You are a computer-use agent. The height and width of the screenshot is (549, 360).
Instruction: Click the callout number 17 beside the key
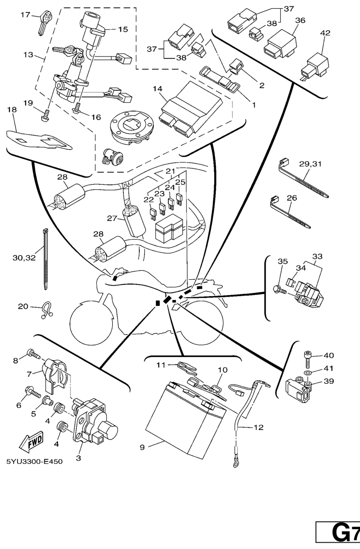point(25,15)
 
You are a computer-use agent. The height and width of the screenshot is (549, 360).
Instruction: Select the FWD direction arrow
point(31,442)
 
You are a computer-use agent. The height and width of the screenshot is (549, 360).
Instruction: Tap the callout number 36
point(300,20)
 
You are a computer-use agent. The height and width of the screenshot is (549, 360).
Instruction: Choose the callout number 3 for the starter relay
point(79,458)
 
